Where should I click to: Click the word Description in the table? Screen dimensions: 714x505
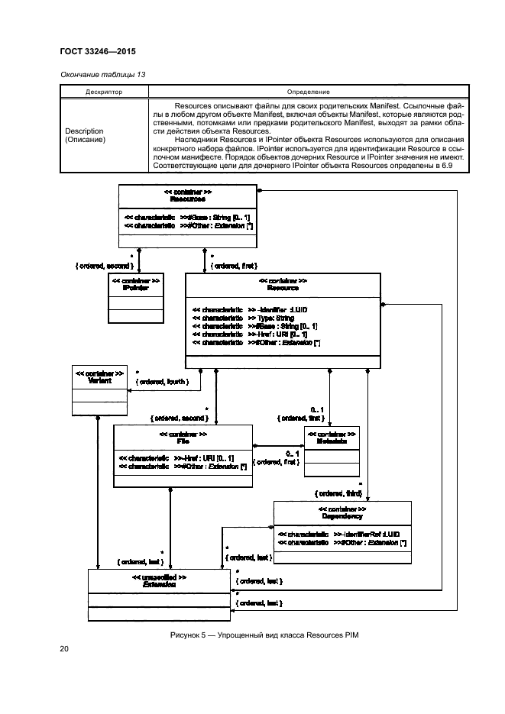pyautogui.click(x=84, y=131)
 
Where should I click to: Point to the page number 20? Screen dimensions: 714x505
pyautogui.click(x=64, y=649)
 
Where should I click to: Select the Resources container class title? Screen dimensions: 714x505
pyautogui.click(x=187, y=198)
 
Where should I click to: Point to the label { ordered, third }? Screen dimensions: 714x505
pyautogui.click(x=339, y=493)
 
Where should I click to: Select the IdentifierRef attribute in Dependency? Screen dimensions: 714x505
pyautogui.click(x=366, y=533)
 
